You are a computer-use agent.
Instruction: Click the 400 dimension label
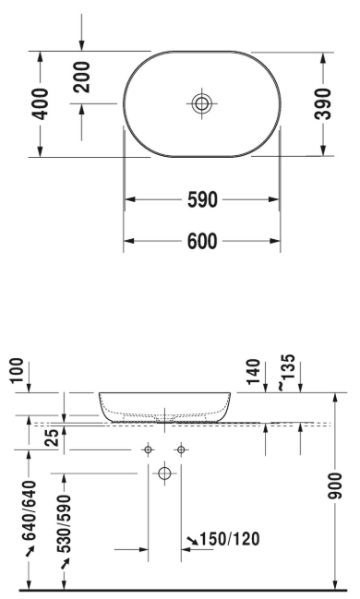pos(41,104)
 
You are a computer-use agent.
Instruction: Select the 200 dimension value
pos(82,78)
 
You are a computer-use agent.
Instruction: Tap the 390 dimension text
pos(323,103)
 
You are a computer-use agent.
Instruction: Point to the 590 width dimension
pos(202,199)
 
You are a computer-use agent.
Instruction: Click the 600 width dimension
pos(202,241)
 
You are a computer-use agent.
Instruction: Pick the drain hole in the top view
pos(202,103)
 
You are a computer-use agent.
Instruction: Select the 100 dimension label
pos(18,370)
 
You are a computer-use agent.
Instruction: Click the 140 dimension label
pos(253,371)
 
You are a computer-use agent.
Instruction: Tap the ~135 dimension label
pos(287,373)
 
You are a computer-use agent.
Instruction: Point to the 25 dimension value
pos(54,437)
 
